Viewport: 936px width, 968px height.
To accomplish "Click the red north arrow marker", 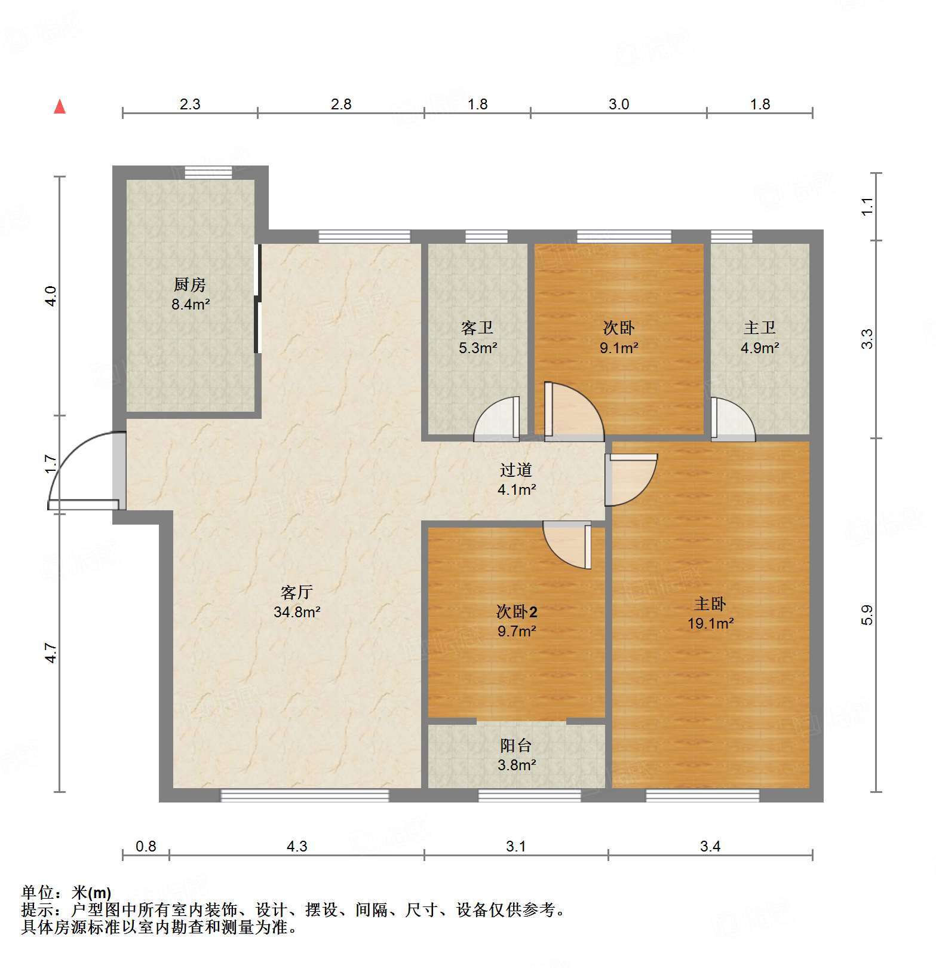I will [60, 107].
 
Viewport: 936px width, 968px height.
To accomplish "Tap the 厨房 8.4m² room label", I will [191, 295].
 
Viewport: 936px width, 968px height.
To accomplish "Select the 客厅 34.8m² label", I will [297, 602].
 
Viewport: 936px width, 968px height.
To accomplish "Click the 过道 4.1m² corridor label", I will [516, 480].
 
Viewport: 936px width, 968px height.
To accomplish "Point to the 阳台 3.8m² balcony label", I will [516, 755].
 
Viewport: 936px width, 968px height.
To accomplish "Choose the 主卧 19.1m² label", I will [710, 614].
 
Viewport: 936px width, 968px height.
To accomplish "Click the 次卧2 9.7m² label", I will [517, 621].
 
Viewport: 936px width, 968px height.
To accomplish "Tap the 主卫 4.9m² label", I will [759, 338].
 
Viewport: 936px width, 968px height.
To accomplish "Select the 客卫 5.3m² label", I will [477, 338].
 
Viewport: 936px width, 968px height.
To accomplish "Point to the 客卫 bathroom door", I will [497, 419].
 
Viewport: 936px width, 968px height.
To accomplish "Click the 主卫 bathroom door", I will [732, 420].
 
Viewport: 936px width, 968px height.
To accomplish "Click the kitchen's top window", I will [208, 172].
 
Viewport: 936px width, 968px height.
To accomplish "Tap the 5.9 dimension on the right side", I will [867, 615].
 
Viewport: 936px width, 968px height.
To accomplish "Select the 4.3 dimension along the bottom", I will [297, 846].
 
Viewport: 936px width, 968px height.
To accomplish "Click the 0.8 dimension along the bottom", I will [146, 846].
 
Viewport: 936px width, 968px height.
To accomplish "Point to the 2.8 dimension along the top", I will [341, 105].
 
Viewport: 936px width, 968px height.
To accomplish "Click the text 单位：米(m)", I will [66, 893].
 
